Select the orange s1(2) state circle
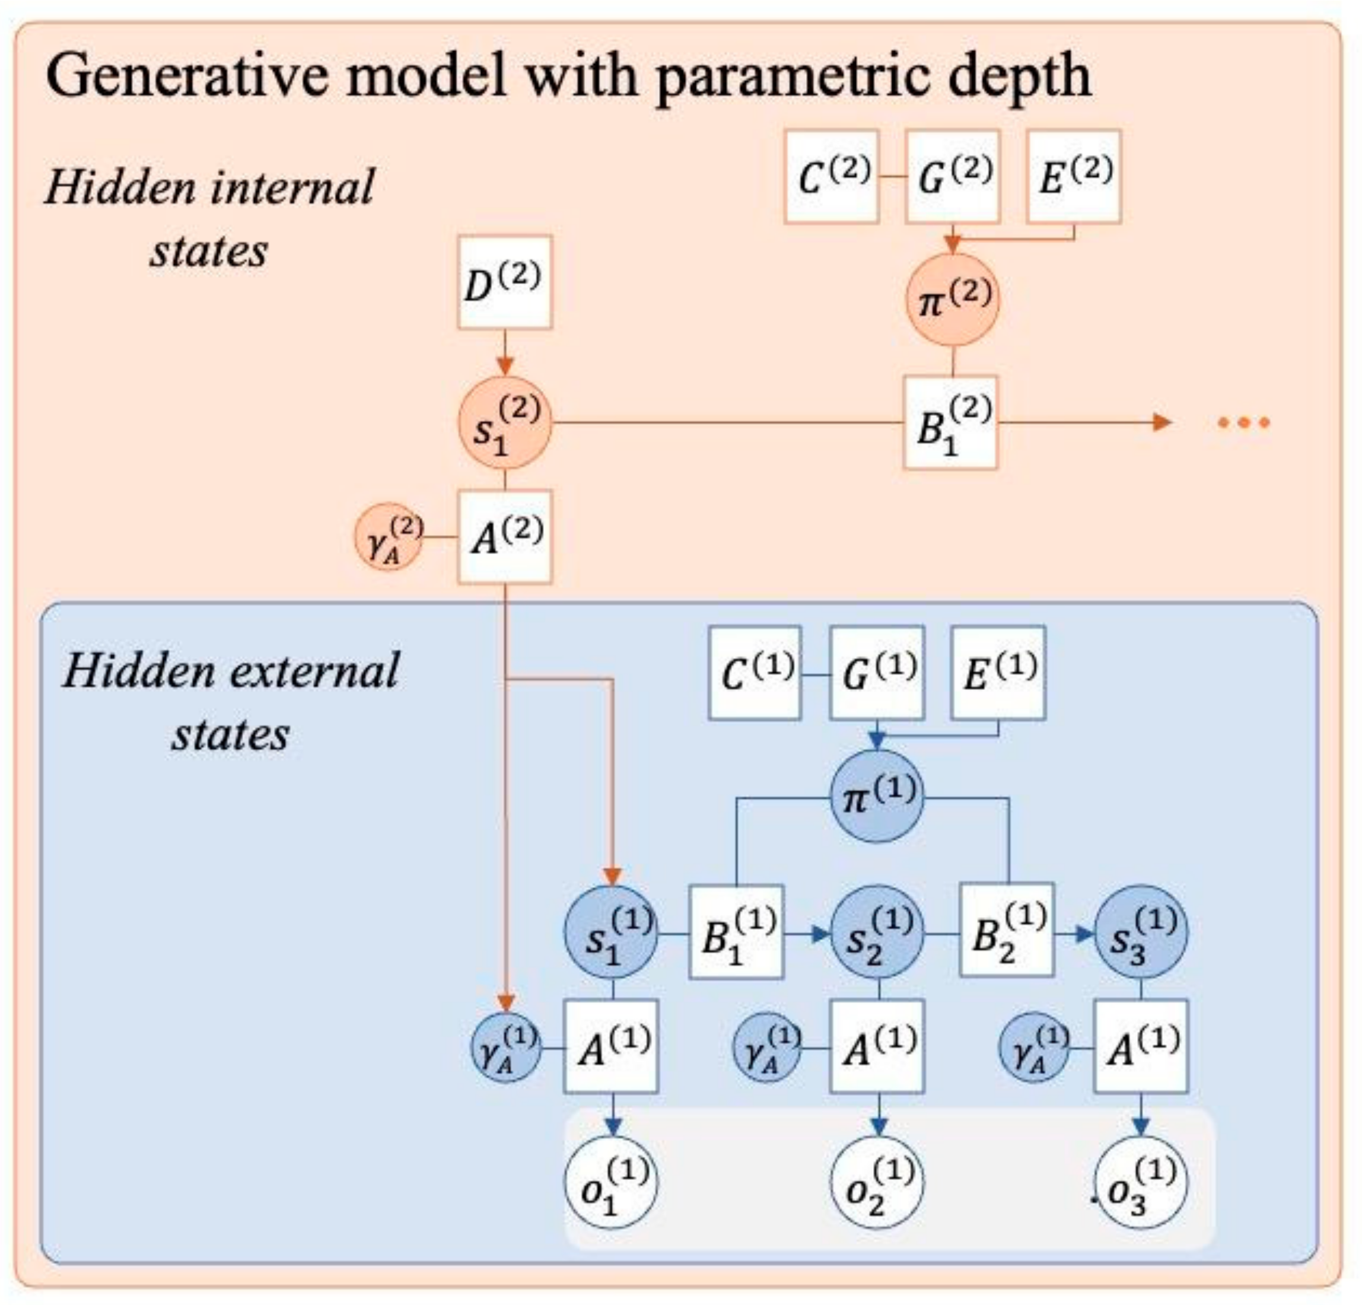pos(504,422)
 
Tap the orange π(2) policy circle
pos(953,299)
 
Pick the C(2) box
pos(832,177)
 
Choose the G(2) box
pos(953,177)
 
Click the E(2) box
pos(1074,177)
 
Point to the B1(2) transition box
pos(951,422)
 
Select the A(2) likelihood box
pos(504,536)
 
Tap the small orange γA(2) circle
pos(389,536)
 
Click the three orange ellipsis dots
pos(1244,422)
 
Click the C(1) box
pos(755,672)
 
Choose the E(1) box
pos(998,672)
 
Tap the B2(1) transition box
pos(1007,931)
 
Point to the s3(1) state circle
pos(1140,931)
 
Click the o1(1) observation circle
pos(612,1181)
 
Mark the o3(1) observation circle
pos(1140,1181)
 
